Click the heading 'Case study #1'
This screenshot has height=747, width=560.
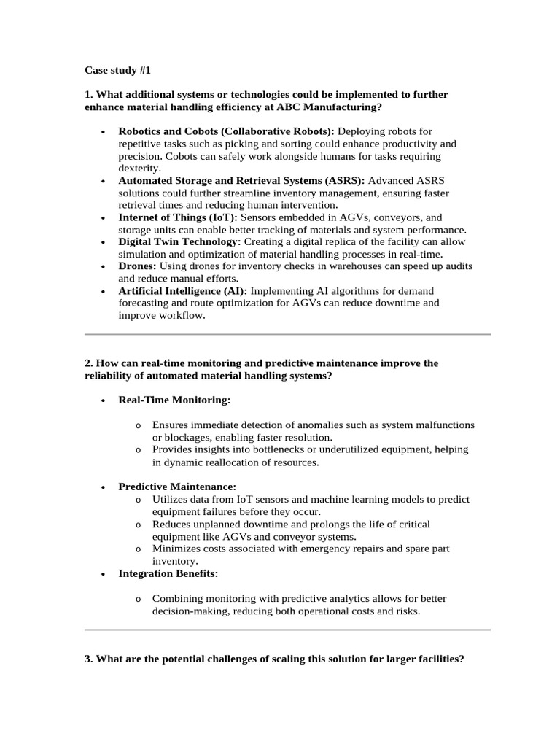tap(117, 71)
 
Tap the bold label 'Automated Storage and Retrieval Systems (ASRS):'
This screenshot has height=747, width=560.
tap(241, 180)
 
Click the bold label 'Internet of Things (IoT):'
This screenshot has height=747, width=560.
tap(178, 217)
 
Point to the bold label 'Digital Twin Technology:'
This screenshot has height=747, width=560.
tap(179, 241)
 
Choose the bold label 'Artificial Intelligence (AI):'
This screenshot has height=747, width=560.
tap(183, 291)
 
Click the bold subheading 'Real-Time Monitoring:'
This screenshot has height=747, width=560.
tap(174, 400)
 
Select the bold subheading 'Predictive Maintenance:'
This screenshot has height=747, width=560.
tap(177, 487)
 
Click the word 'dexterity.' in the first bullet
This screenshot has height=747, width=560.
tap(140, 169)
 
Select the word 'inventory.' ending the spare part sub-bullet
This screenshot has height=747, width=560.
tap(175, 561)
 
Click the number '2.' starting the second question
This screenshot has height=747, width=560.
tap(90, 363)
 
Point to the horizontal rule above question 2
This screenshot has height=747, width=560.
tap(287, 335)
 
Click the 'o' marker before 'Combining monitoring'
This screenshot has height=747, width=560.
tap(138, 599)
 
